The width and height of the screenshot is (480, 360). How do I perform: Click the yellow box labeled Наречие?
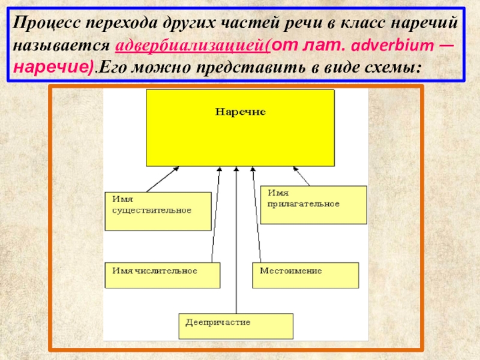point(240,128)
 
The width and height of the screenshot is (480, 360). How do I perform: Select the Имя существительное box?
point(158,211)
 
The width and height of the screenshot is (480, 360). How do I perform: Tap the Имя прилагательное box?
point(314,205)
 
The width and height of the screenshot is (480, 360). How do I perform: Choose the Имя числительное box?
point(162,275)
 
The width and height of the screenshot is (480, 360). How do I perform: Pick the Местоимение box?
point(305,275)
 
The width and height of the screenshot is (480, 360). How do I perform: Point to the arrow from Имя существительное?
point(162,179)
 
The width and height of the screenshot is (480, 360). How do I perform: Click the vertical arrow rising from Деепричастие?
point(237,240)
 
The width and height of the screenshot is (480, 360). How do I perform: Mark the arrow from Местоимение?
point(257,216)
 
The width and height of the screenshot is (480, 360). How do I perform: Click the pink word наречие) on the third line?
point(53,66)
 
